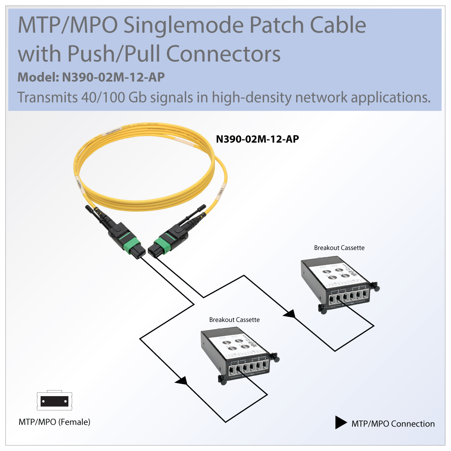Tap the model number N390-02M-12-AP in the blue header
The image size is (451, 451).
click(x=113, y=77)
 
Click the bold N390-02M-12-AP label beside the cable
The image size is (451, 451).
click(x=257, y=139)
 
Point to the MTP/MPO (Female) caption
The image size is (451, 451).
click(x=54, y=422)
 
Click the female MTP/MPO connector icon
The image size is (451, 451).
click(x=54, y=401)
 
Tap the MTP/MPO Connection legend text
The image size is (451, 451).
click(x=393, y=424)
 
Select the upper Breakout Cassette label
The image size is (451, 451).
click(x=339, y=248)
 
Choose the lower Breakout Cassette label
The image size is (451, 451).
click(x=234, y=320)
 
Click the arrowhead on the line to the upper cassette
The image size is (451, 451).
click(x=289, y=313)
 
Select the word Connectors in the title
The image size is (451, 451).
click(x=223, y=54)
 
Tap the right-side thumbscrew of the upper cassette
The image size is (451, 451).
click(x=375, y=288)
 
